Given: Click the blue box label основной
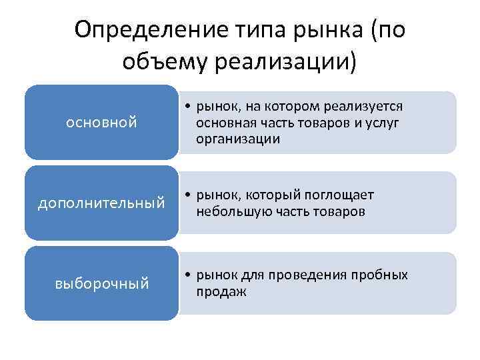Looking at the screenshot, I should pos(102,123).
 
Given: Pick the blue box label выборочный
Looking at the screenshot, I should pos(102,284).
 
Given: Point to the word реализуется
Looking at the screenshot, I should pos(365,107).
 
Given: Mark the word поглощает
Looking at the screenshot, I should pos(339,195).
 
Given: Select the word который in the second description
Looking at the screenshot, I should pos(272,195).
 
